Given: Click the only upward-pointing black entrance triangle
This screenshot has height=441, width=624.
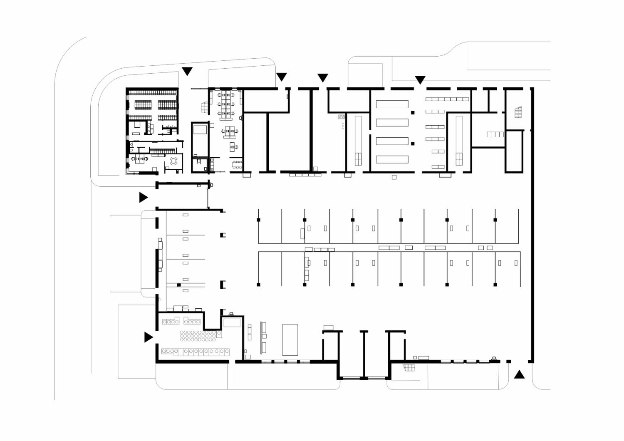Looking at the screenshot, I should coord(519,375).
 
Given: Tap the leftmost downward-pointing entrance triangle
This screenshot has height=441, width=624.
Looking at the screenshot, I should coord(187,71).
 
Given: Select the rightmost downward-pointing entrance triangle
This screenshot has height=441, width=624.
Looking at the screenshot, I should coord(420,79).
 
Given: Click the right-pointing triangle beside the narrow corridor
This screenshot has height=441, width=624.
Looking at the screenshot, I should coord(143,197).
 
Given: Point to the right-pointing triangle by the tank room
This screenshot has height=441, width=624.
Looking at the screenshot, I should coord(148,337).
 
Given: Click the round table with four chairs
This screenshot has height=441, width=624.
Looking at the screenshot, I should coord(174,161).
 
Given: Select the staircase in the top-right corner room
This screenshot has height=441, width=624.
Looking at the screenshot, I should coord(518,112).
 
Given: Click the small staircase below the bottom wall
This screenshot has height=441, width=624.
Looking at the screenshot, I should coord(409,367).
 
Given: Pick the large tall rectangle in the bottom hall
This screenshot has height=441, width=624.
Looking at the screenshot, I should coord(290,339).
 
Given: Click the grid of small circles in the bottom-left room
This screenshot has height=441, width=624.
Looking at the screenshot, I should coord(198,336).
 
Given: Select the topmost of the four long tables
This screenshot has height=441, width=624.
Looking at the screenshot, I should coord(392,104).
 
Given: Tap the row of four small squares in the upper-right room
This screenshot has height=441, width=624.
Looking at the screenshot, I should coord(495,134).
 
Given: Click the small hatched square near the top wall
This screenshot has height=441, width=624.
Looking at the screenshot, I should coord(342,117).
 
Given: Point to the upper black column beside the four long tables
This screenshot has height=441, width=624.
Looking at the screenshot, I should coord(413,113).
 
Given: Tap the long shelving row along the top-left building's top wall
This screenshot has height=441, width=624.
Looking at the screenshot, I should coord(153,92).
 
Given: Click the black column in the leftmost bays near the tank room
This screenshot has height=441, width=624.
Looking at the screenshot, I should coord(179,285).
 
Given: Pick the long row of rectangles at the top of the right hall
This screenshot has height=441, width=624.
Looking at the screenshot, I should coord(447,99).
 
